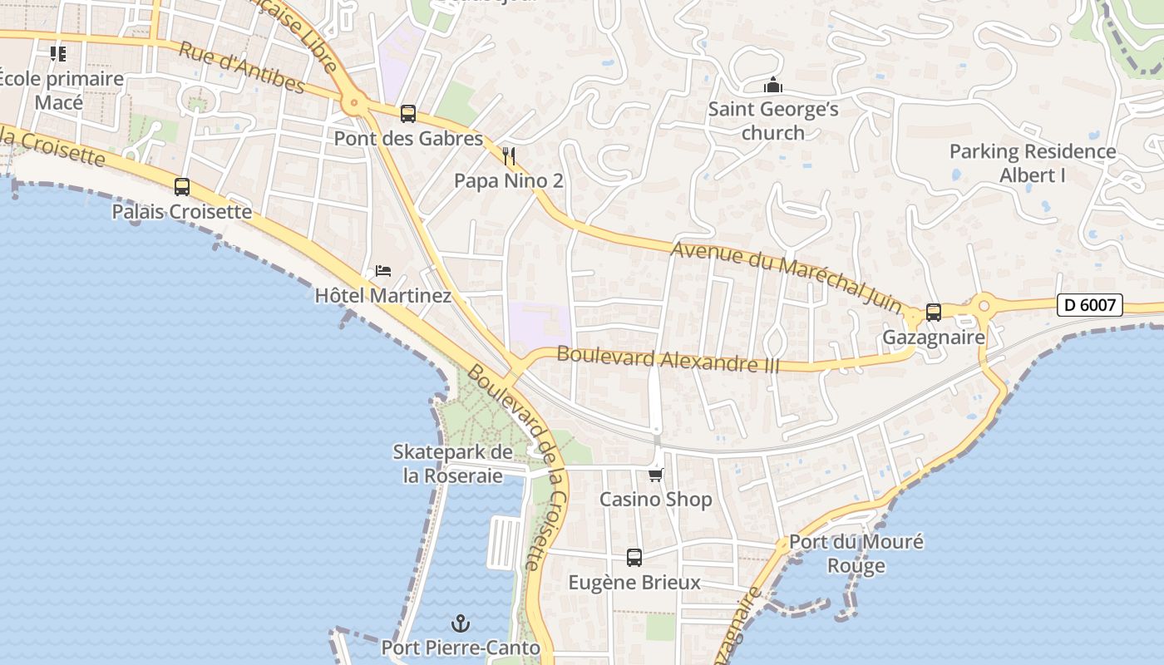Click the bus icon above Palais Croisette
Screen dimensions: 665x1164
pyautogui.click(x=182, y=187)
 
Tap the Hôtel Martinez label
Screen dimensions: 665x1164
pyautogui.click(x=383, y=296)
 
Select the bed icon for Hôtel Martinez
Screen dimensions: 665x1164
pyautogui.click(x=383, y=271)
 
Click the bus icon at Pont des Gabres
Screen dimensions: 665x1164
pyautogui.click(x=407, y=114)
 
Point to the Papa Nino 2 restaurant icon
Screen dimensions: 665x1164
pyautogui.click(x=510, y=155)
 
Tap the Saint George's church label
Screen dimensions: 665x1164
pyautogui.click(x=773, y=121)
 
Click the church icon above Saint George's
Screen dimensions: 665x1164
pyautogui.click(x=773, y=85)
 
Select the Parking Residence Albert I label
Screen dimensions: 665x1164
pyautogui.click(x=1033, y=163)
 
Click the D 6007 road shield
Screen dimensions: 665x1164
pyautogui.click(x=1090, y=305)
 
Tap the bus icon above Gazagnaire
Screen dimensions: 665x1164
pyautogui.click(x=934, y=313)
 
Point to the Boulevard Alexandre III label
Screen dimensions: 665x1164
pyautogui.click(x=668, y=359)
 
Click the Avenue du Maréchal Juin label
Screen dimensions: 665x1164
pyautogui.click(x=786, y=277)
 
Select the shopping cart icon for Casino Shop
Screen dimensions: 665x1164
pyautogui.click(x=656, y=475)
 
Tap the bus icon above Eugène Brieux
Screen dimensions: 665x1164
pyautogui.click(x=634, y=558)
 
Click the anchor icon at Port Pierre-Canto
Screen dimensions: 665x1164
pyautogui.click(x=460, y=623)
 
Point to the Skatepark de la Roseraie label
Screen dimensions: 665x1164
pyautogui.click(x=453, y=464)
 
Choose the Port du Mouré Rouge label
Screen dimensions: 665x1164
pyautogui.click(x=856, y=554)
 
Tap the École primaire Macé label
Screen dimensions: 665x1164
pyautogui.click(x=60, y=91)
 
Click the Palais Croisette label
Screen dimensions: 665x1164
pyautogui.click(x=182, y=212)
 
